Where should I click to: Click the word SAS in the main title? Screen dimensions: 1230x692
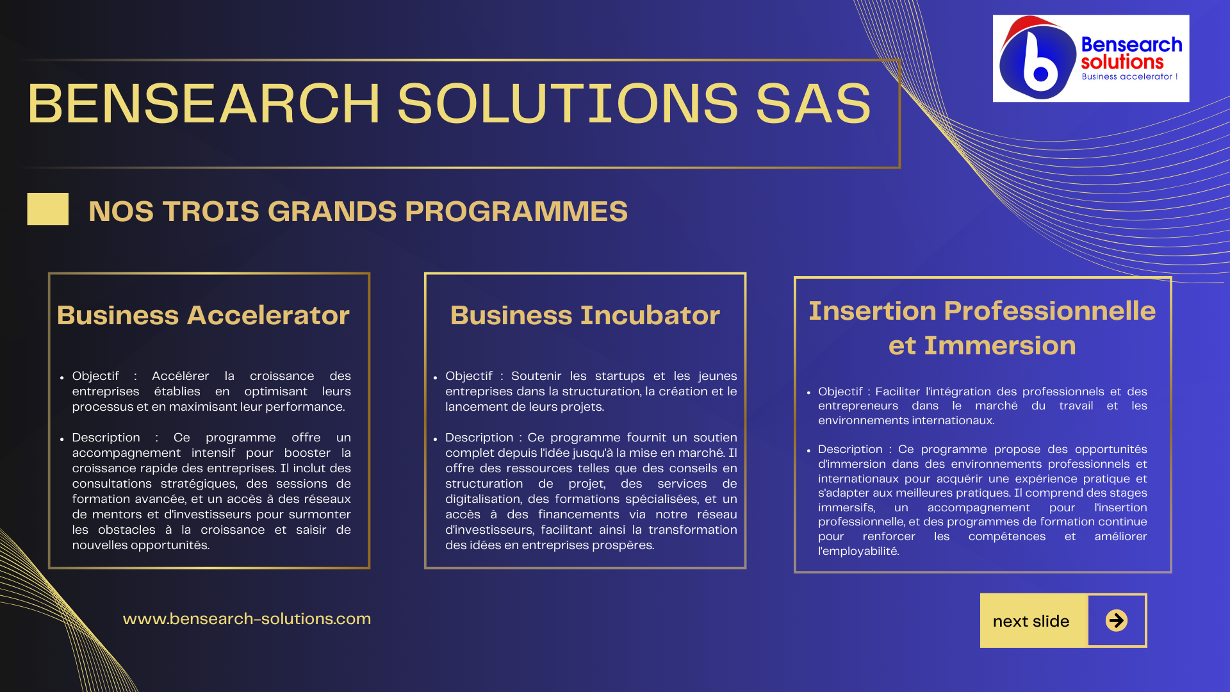pyautogui.click(x=814, y=103)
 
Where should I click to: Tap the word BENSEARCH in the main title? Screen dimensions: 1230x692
pyautogui.click(x=204, y=103)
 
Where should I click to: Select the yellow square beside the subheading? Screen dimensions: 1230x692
pyautogui.click(x=48, y=209)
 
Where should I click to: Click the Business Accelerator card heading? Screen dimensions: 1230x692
pyautogui.click(x=203, y=315)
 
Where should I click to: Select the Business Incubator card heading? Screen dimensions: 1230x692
pyautogui.click(x=585, y=315)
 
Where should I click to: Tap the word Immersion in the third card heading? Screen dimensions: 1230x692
pyautogui.click(x=999, y=345)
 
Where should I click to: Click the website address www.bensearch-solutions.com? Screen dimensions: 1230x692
pyautogui.click(x=247, y=619)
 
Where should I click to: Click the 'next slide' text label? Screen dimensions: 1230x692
pyautogui.click(x=1031, y=621)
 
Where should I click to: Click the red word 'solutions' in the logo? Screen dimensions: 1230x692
pyautogui.click(x=1122, y=62)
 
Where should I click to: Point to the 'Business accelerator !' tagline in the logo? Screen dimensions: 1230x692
pyautogui.click(x=1130, y=76)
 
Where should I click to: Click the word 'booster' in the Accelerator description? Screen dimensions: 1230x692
pyautogui.click(x=307, y=453)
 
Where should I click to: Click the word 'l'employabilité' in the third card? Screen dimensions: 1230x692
pyautogui.click(x=858, y=551)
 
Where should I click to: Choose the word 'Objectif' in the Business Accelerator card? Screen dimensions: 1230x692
pyautogui.click(x=95, y=376)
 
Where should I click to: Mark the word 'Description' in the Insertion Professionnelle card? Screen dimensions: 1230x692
pyautogui.click(x=850, y=450)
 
